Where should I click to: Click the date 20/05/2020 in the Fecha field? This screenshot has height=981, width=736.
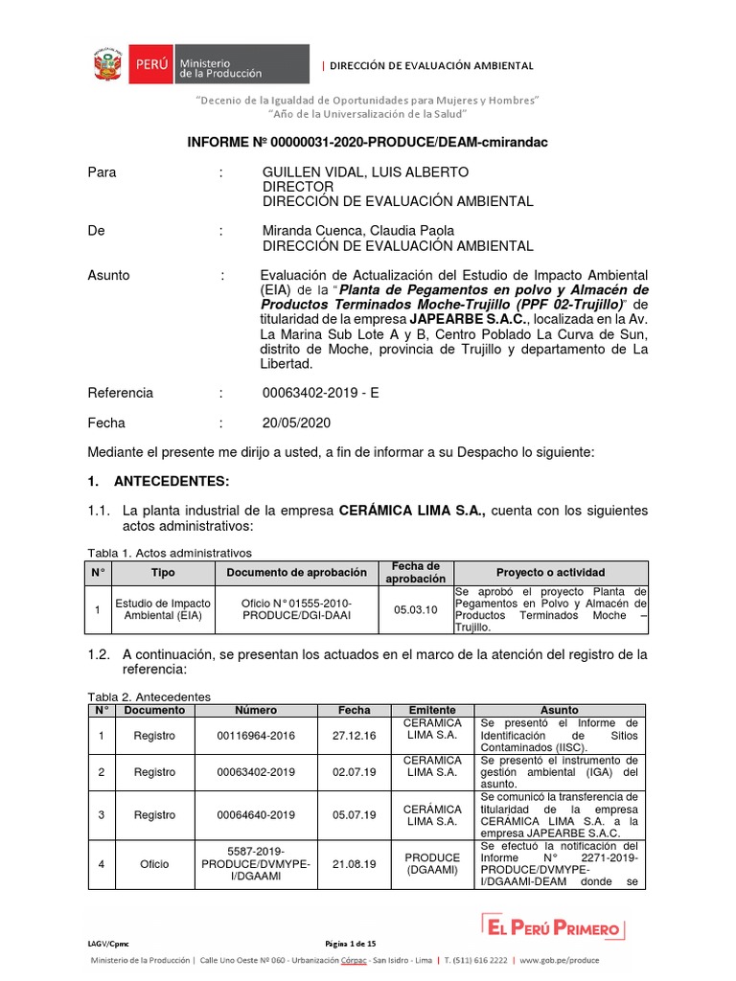[295, 422]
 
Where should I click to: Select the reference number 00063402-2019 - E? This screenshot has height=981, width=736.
[321, 393]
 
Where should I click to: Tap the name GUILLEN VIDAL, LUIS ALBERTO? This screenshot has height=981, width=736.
[366, 172]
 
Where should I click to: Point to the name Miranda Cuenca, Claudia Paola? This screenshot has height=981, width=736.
[358, 231]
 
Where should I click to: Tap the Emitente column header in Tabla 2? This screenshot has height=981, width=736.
[432, 710]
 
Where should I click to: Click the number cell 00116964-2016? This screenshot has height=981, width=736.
[256, 735]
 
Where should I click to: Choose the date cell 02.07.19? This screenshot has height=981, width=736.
[354, 771]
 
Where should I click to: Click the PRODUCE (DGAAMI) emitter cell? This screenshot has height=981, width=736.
[432, 864]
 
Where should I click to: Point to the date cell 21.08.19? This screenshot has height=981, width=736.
[354, 864]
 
